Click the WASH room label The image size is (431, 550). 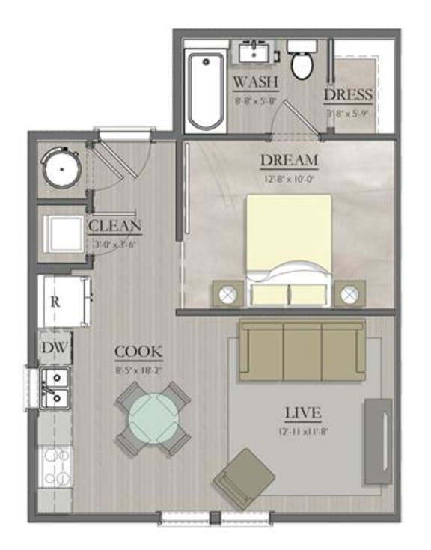(256, 81)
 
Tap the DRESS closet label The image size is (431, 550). (348, 94)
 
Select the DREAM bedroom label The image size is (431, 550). (289, 160)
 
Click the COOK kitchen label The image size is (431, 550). (138, 352)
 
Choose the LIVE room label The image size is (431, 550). (303, 412)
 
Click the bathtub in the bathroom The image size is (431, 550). (204, 91)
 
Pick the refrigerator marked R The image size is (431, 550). (64, 301)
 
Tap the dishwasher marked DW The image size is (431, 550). (55, 347)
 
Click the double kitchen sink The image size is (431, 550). (54, 388)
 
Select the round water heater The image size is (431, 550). (61, 168)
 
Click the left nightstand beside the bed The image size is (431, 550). (229, 293)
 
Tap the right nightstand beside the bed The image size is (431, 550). (349, 293)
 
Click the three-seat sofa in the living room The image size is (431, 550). (302, 348)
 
